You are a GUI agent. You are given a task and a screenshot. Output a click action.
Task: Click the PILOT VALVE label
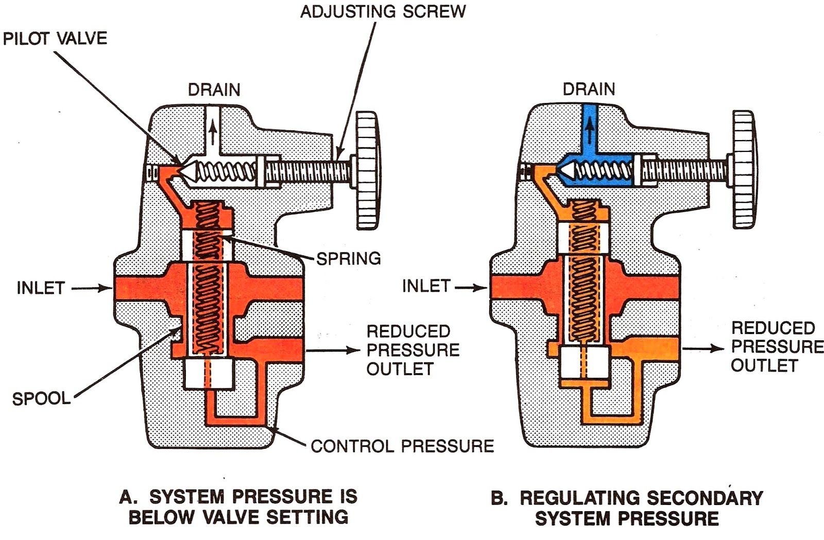55,39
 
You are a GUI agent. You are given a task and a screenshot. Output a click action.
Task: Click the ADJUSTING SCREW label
383,11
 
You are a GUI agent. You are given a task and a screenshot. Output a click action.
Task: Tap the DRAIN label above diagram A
214,90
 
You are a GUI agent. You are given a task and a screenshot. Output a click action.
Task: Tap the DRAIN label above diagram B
589,89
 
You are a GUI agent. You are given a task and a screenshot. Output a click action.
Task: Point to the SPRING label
348,258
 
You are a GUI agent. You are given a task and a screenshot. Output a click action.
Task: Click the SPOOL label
41,398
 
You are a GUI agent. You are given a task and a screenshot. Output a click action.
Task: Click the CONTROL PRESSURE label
402,446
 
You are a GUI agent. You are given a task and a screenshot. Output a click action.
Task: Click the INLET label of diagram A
41,288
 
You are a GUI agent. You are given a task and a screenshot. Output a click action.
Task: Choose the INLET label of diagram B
426,286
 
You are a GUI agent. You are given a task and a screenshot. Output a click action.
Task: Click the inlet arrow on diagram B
471,288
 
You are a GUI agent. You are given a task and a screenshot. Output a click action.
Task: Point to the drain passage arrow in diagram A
213,132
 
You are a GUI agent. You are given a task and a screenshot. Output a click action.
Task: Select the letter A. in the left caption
128,497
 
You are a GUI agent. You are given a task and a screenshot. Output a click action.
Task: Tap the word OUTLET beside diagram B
764,365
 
